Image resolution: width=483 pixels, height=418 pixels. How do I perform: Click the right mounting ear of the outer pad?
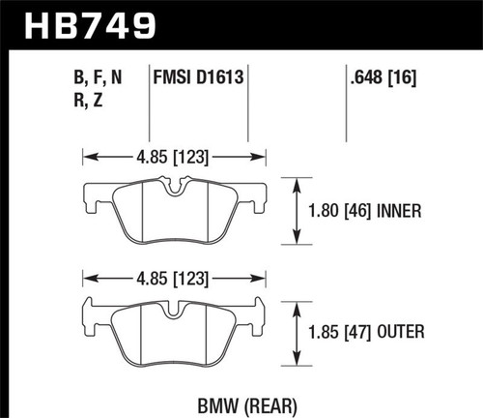261,314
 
